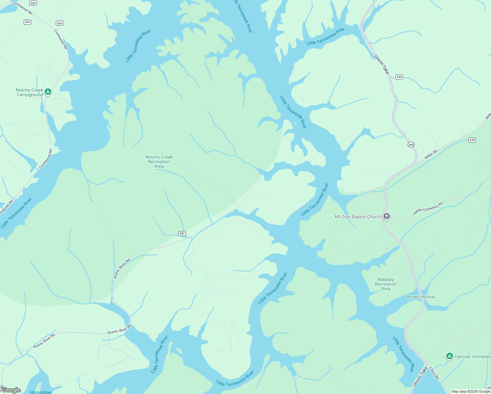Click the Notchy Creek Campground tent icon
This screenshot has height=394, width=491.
tap(48, 92)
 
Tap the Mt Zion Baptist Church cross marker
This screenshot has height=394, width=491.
tap(387, 216)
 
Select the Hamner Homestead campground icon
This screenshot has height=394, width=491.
tap(449, 356)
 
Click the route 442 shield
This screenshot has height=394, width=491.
tap(33, 3)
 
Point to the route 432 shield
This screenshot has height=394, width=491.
tap(27, 22)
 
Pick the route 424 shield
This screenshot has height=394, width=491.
tap(59, 23)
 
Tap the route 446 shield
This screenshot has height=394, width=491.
tap(399, 77)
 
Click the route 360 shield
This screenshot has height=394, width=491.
tap(411, 145)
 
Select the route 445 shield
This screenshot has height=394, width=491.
tap(472, 140)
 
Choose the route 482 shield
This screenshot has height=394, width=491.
tap(182, 233)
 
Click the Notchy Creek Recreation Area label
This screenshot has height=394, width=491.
tap(159, 162)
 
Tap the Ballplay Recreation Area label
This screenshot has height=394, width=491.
tap(386, 284)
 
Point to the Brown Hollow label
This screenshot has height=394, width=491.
tap(421, 297)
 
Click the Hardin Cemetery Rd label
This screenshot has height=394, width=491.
tap(428, 208)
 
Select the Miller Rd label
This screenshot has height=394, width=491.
tap(431, 154)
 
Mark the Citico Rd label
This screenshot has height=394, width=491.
tap(434, 373)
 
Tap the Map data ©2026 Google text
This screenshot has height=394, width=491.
tap(471, 391)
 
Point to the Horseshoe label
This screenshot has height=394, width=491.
tap(41, 392)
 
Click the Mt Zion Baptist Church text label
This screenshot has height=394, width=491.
tap(358, 217)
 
